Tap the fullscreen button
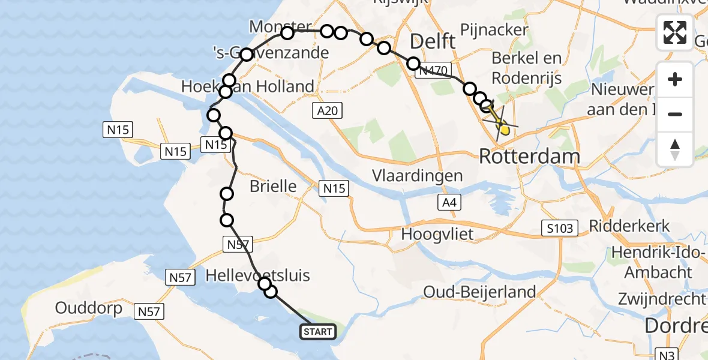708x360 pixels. (x=675, y=32)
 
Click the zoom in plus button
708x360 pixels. (x=675, y=79)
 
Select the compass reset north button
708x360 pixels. (x=675, y=149)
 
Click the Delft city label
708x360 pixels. (x=431, y=42)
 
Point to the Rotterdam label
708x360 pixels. (x=529, y=157)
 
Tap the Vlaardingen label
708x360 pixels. (x=417, y=176)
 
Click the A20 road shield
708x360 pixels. (x=326, y=110)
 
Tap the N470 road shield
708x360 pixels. (x=433, y=71)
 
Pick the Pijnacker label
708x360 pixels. (x=494, y=29)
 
